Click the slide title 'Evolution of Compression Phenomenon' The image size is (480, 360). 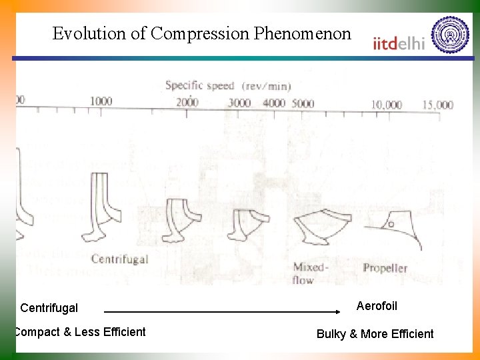(201, 34)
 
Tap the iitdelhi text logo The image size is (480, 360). (399, 44)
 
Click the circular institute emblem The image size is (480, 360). (450, 35)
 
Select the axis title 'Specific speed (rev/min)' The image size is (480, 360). (228, 85)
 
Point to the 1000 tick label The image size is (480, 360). (101, 101)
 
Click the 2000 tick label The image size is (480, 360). (187, 102)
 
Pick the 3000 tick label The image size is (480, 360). (239, 103)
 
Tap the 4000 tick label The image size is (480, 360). (273, 103)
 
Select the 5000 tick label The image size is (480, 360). (303, 103)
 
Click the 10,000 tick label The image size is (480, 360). (387, 105)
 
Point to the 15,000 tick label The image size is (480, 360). (437, 105)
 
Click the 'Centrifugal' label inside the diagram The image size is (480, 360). (119, 259)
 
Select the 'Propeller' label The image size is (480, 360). (385, 268)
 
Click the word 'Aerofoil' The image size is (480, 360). (377, 306)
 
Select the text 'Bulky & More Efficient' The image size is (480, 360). (375, 334)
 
